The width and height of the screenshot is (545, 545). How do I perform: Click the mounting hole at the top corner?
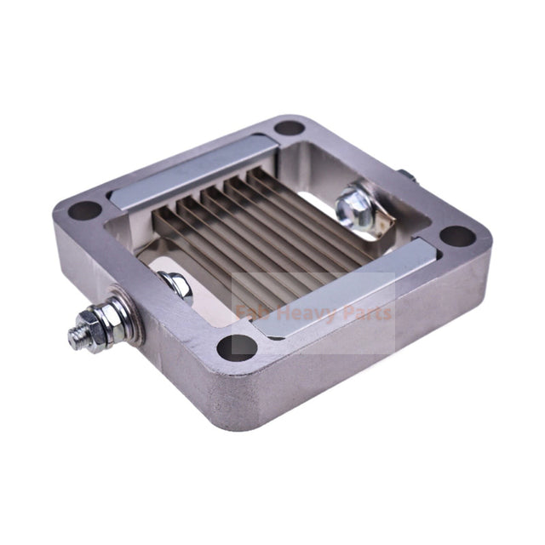tap(290, 128)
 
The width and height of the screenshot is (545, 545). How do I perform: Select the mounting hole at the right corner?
tap(457, 236)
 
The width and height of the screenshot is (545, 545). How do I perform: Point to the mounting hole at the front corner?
tap(238, 346)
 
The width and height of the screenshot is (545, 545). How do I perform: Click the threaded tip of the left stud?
tap(77, 334)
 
